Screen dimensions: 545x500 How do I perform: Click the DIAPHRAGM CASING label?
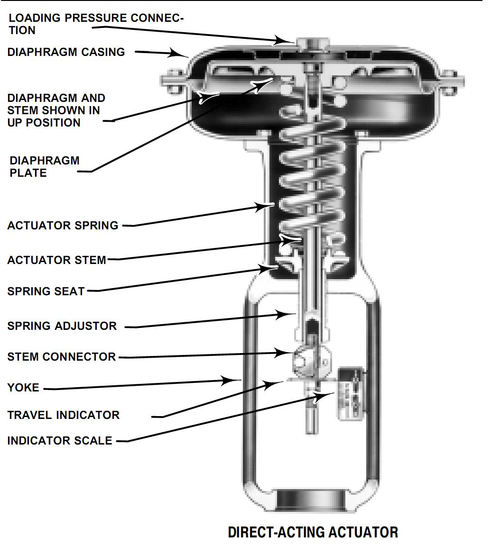(66, 52)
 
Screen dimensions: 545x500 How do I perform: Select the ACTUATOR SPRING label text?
(63, 226)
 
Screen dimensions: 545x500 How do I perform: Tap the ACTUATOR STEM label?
(56, 260)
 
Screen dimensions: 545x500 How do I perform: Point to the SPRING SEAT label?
(46, 291)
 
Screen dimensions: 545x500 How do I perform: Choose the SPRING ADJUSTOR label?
(62, 326)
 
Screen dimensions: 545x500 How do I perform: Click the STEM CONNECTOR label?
(61, 357)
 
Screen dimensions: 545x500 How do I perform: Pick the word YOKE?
(23, 388)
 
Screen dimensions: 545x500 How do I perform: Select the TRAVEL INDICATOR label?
(63, 415)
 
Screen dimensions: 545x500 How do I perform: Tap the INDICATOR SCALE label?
(60, 441)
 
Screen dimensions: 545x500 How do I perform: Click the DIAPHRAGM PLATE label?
(44, 167)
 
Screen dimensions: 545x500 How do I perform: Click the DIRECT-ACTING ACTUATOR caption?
(313, 532)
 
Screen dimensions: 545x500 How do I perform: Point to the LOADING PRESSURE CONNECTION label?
(95, 24)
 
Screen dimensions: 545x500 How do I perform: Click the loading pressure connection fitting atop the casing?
(311, 43)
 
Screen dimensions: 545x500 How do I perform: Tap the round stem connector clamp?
(303, 361)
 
